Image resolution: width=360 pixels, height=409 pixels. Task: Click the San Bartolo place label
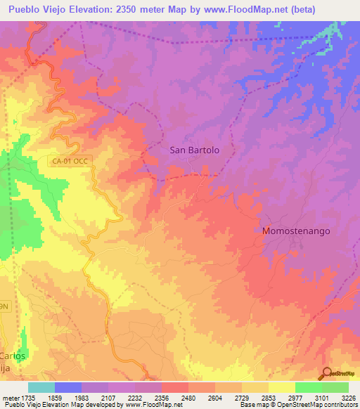[x=195, y=150]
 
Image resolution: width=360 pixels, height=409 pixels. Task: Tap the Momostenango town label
[x=295, y=231]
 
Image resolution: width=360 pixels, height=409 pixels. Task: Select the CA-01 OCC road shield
[x=71, y=161]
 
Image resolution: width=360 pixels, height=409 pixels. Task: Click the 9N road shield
[x=5, y=307]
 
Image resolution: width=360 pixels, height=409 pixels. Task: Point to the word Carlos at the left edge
[x=13, y=356]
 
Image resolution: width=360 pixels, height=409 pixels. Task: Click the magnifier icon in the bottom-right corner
[x=327, y=373]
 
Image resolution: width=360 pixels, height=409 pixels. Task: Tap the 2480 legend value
[x=188, y=398]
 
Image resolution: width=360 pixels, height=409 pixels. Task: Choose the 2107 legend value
[x=108, y=398]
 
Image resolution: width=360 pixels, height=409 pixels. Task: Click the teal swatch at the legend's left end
[x=41, y=387]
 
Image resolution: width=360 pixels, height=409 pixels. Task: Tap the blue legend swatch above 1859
[x=68, y=387]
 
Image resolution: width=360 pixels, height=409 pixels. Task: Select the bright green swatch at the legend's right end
[x=335, y=387]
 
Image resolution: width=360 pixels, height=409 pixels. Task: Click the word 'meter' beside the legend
[x=10, y=398]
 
